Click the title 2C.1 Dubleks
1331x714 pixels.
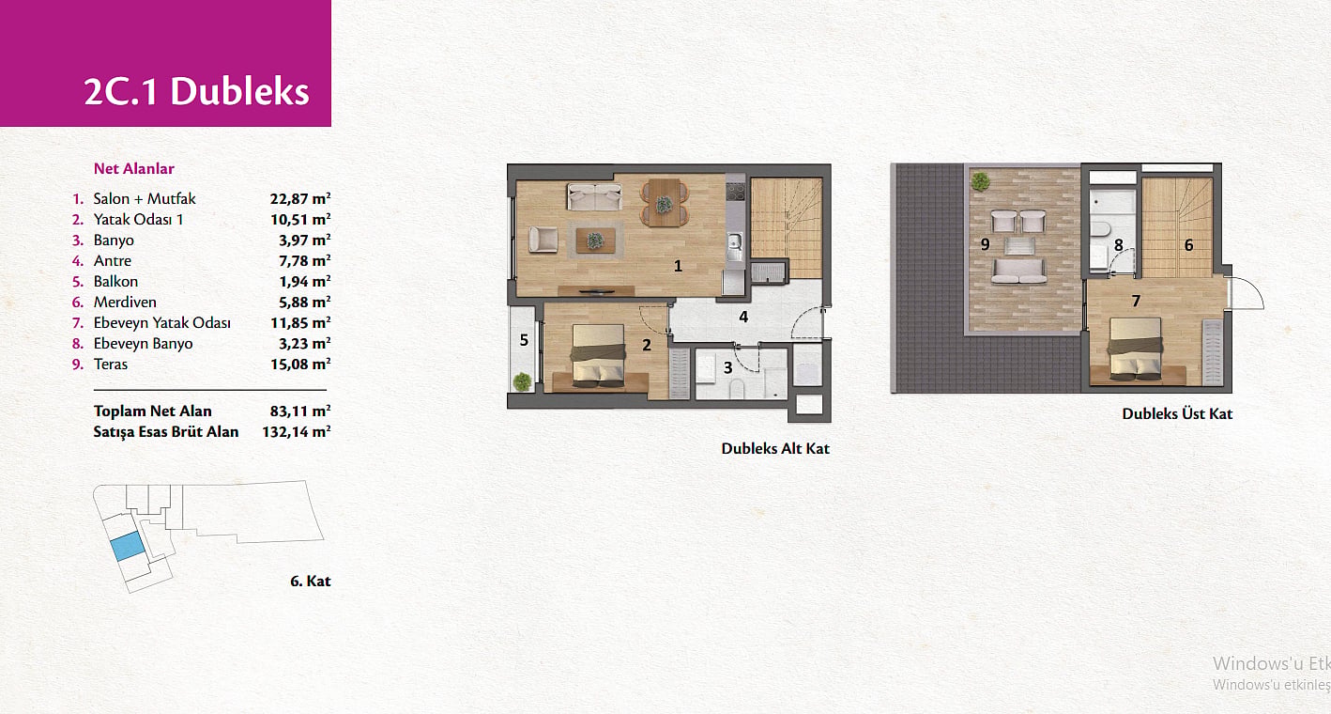(197, 91)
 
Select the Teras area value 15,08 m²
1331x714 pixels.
(300, 364)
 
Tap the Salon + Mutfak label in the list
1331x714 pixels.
(145, 198)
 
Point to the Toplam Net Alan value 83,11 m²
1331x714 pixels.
(300, 411)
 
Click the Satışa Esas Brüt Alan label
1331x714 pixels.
(166, 432)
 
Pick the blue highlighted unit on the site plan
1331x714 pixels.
(127, 546)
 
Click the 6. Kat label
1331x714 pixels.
(310, 581)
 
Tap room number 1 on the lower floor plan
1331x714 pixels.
(678, 266)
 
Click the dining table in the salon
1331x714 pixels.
(665, 203)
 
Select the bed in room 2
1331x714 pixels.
(599, 357)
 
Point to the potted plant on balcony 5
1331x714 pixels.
(522, 381)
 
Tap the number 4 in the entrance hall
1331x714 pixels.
(743, 317)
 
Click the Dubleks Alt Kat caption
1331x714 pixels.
(775, 448)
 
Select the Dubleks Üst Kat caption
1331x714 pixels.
(1177, 413)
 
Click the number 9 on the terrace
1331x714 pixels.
(986, 244)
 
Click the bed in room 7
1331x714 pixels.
(1137, 350)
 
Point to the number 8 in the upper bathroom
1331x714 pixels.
(1119, 245)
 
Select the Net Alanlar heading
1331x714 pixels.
(133, 169)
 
